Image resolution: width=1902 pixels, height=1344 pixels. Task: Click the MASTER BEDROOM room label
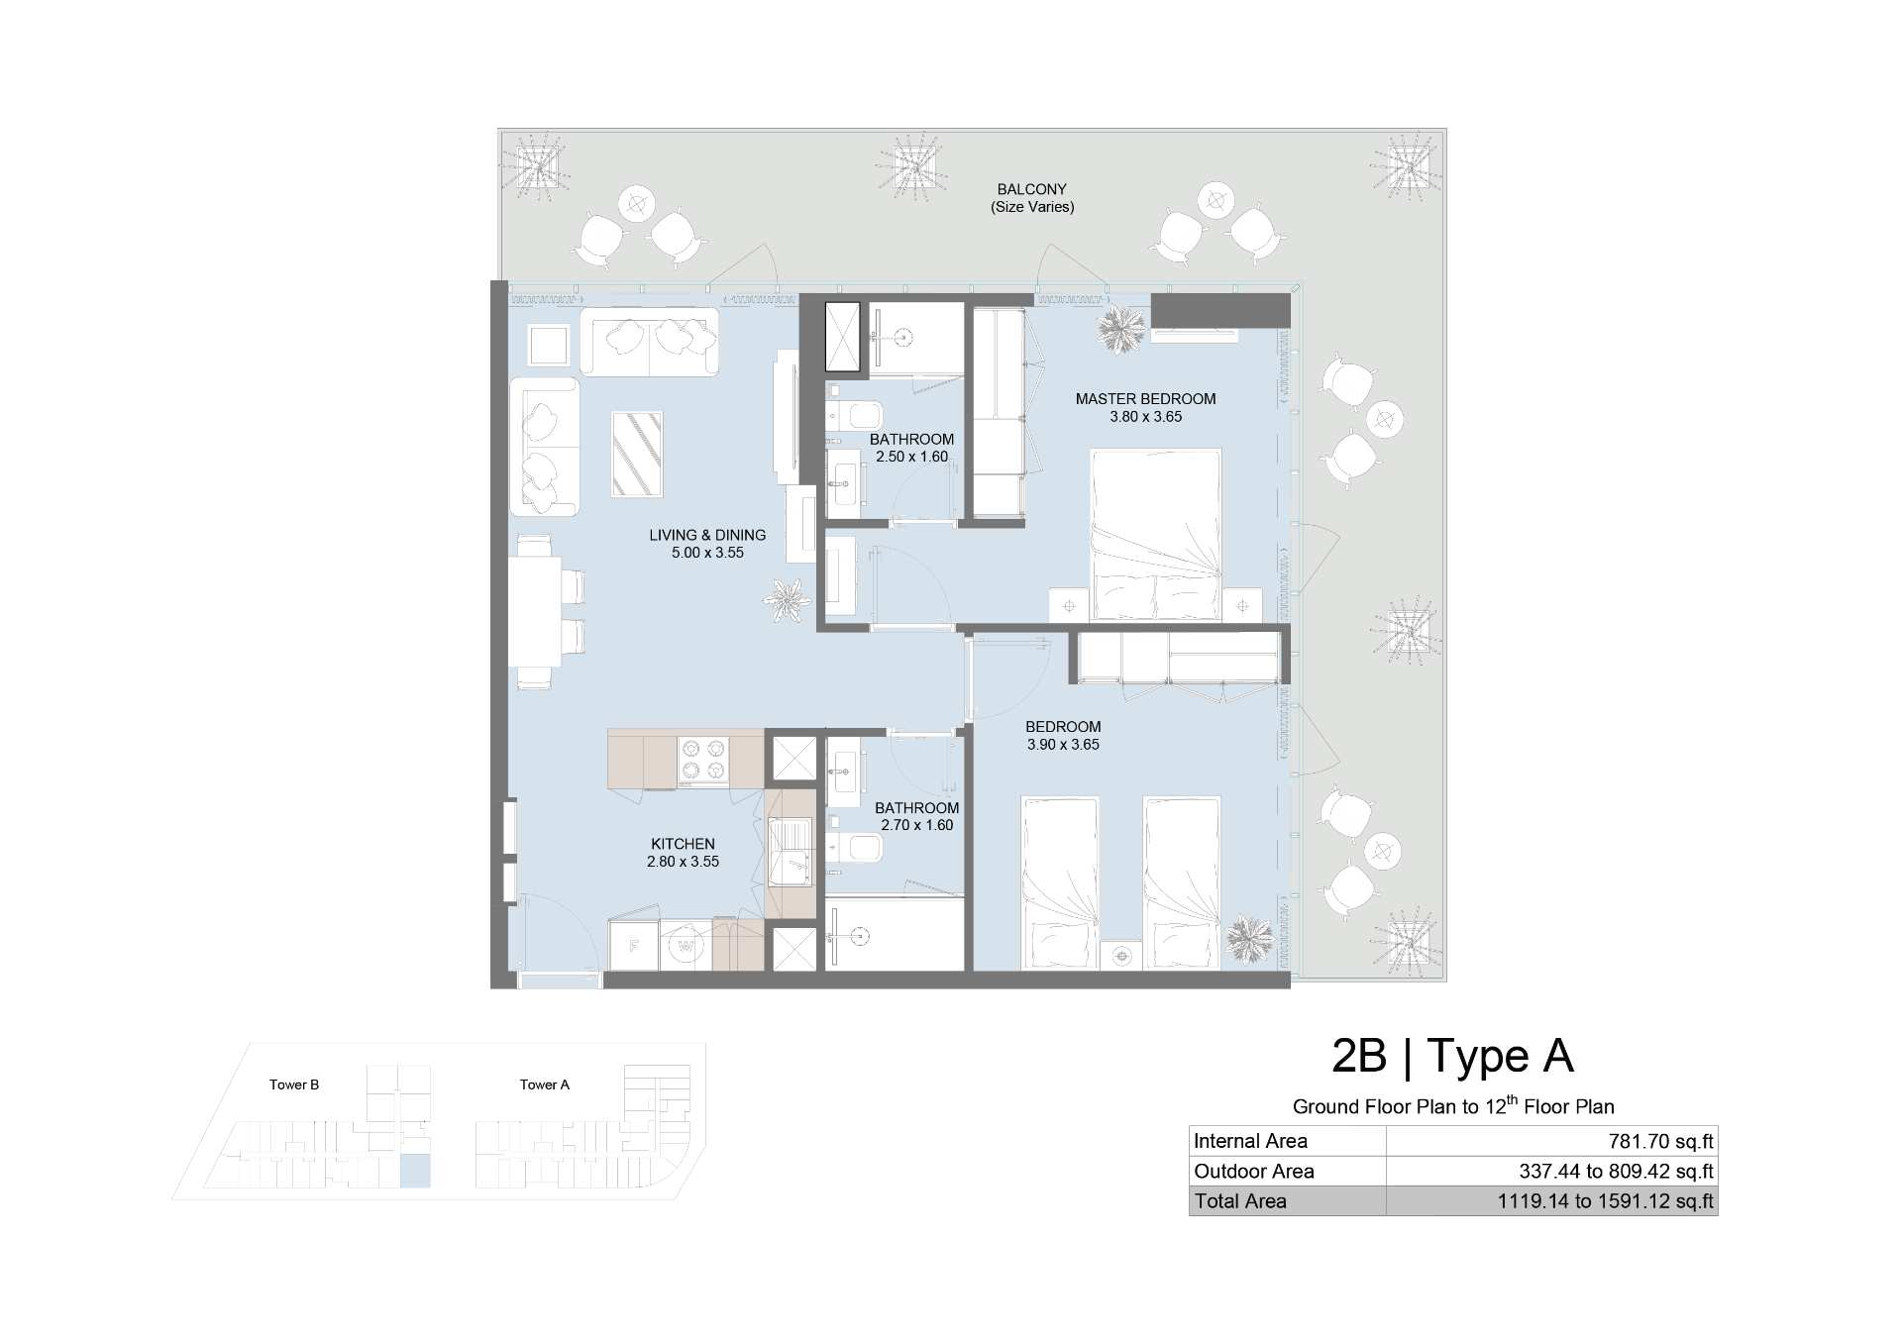pyautogui.click(x=1145, y=399)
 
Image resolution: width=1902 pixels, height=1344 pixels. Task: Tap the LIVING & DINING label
pyautogui.click(x=707, y=535)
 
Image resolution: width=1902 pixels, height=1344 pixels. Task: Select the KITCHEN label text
pyautogui.click(x=683, y=844)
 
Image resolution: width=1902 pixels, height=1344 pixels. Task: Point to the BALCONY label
pyautogui.click(x=1032, y=189)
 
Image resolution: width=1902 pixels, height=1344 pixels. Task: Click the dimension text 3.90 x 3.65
pyautogui.click(x=1063, y=745)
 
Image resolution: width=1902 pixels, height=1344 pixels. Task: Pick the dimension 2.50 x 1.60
pyautogui.click(x=911, y=457)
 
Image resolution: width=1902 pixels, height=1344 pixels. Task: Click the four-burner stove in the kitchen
pyautogui.click(x=702, y=762)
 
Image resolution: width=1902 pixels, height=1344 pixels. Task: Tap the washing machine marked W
pyautogui.click(x=686, y=946)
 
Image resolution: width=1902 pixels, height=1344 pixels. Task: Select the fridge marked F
pyautogui.click(x=634, y=946)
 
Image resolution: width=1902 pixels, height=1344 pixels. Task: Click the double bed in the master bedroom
pyautogui.click(x=1155, y=535)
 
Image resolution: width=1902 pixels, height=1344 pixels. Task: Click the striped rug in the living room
pyautogui.click(x=637, y=454)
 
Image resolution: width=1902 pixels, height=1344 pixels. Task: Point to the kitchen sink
pyautogui.click(x=791, y=853)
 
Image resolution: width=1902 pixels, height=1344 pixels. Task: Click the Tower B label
pyautogui.click(x=294, y=1085)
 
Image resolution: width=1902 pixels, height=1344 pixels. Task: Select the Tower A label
pyautogui.click(x=545, y=1085)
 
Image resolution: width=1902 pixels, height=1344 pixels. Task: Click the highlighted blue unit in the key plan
pyautogui.click(x=415, y=1171)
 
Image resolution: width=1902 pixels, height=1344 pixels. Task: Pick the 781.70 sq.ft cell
pyautogui.click(x=1660, y=1141)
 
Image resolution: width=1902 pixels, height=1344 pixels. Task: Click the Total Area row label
pyautogui.click(x=1240, y=1201)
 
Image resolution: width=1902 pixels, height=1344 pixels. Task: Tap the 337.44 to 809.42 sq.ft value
pyautogui.click(x=1617, y=1172)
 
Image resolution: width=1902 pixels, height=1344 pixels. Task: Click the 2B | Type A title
pyautogui.click(x=1453, y=1056)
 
